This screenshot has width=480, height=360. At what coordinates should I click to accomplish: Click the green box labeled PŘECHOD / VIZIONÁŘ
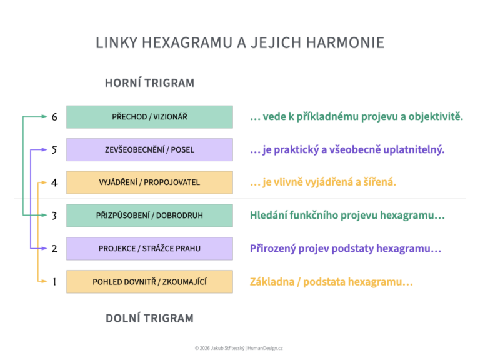[x=149, y=117]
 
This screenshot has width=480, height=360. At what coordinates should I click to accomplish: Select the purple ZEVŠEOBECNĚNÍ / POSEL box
[x=149, y=150]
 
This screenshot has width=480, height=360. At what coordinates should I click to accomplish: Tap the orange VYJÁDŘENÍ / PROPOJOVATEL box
[x=149, y=182]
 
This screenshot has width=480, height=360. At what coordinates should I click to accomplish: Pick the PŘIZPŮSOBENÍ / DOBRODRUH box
[x=149, y=216]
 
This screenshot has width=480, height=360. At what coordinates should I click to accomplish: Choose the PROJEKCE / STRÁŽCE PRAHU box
[x=149, y=249]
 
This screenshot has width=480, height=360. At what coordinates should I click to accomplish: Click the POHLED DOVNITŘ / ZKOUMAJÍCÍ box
[x=149, y=282]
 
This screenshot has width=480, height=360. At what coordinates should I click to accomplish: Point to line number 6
[x=54, y=117]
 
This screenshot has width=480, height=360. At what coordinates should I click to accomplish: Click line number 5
[x=54, y=150]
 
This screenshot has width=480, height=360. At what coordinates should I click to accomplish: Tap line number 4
[x=54, y=182]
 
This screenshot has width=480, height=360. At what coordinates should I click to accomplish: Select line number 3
[x=54, y=216]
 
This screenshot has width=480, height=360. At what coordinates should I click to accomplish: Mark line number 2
[x=54, y=249]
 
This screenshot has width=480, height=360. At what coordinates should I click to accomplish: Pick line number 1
[x=54, y=282]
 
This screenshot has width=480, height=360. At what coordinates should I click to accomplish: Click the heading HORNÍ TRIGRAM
[x=150, y=83]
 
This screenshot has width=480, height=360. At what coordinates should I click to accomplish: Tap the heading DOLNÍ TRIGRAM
[x=150, y=318]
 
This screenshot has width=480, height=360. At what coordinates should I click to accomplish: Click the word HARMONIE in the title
[x=345, y=42]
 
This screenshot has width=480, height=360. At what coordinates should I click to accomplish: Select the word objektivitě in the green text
[x=436, y=117]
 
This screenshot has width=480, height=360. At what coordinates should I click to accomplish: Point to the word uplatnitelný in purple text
[x=414, y=150]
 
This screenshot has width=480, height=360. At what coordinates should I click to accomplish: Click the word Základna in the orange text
[x=272, y=282]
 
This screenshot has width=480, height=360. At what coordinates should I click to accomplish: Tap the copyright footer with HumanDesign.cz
[x=239, y=348]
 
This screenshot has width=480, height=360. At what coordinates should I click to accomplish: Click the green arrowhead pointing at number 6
[x=44, y=116]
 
